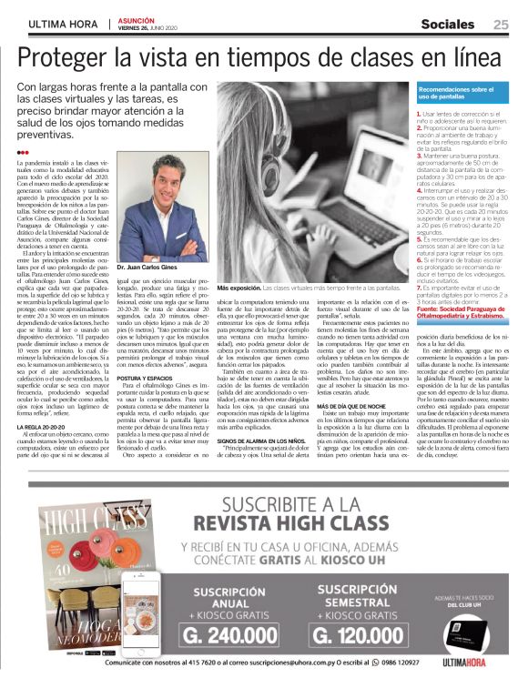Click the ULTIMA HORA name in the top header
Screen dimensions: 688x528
(x=64, y=25)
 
